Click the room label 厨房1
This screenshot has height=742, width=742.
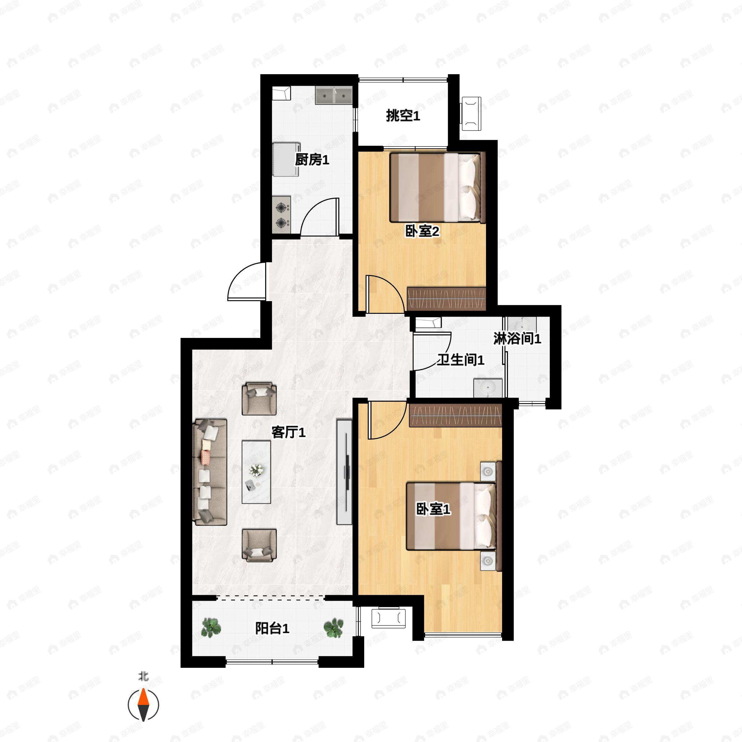[x=312, y=160]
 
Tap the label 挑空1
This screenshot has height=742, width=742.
[x=403, y=116]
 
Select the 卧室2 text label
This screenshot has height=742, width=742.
[x=422, y=231]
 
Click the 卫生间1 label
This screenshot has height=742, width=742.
[x=460, y=360]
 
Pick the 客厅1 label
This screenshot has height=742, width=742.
[x=288, y=433]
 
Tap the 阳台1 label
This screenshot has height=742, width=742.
[x=272, y=629]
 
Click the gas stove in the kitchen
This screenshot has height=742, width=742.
[x=282, y=214]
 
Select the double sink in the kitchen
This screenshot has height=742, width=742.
[x=334, y=95]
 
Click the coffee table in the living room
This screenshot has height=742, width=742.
[x=256, y=472]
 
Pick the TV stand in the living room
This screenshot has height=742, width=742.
[x=344, y=472]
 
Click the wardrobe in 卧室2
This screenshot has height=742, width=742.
[x=446, y=298]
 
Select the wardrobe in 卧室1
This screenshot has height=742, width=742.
[x=455, y=415]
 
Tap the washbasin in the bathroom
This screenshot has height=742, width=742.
[x=488, y=388]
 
